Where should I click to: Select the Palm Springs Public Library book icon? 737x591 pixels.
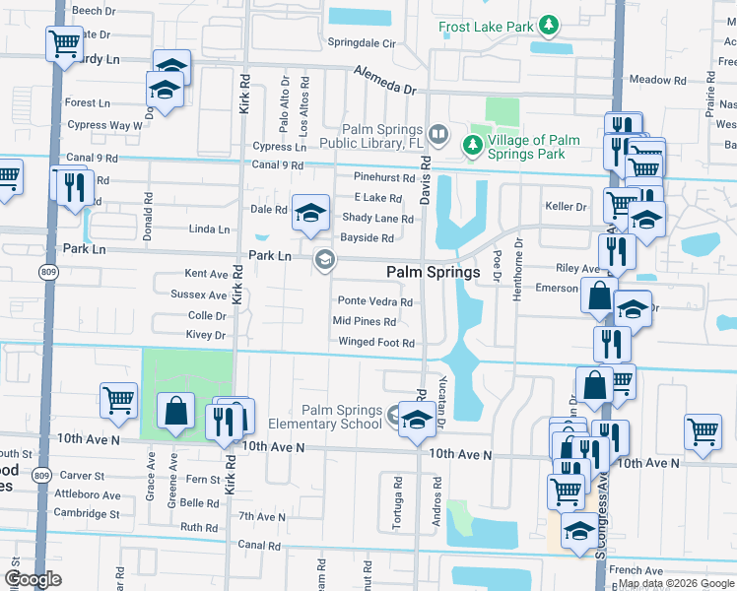pyautogui.click(x=438, y=132)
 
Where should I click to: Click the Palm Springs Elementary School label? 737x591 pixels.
pyautogui.click(x=342, y=417)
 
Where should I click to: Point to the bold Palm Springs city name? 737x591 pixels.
pyautogui.click(x=433, y=272)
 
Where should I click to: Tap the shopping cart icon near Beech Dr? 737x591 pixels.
pyautogui.click(x=64, y=42)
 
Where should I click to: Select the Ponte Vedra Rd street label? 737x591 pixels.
pyautogui.click(x=374, y=302)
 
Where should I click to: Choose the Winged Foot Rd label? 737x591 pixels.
pyautogui.click(x=375, y=343)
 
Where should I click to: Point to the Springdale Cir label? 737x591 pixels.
pyautogui.click(x=362, y=44)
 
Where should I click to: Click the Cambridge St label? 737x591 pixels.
pyautogui.click(x=87, y=514)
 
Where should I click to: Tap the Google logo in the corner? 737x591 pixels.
pyautogui.click(x=32, y=579)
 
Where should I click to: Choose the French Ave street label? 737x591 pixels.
pyautogui.click(x=636, y=570)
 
